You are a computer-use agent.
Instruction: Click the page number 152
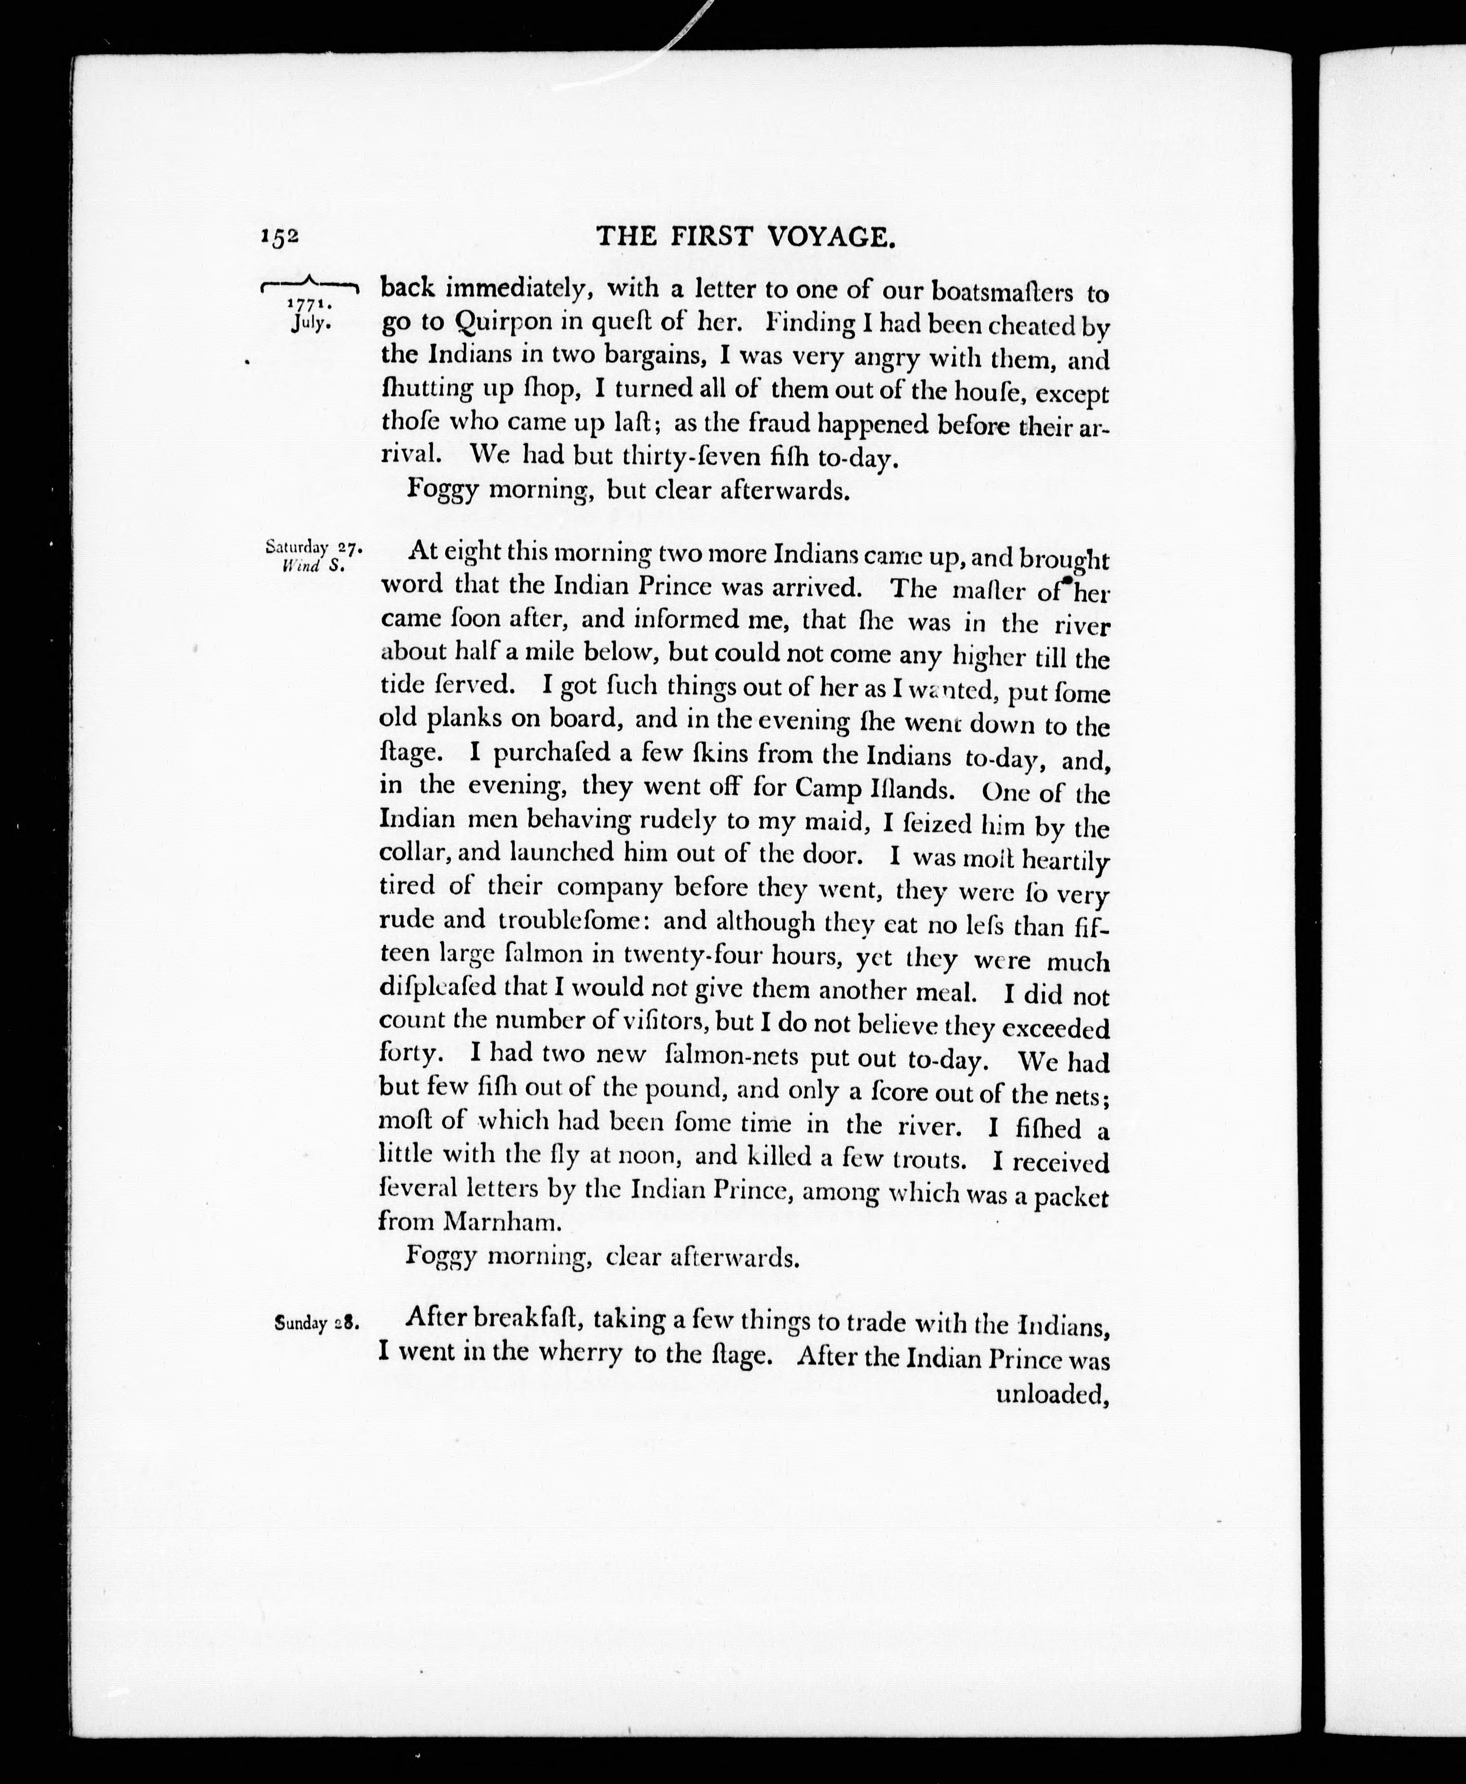[279, 238]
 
